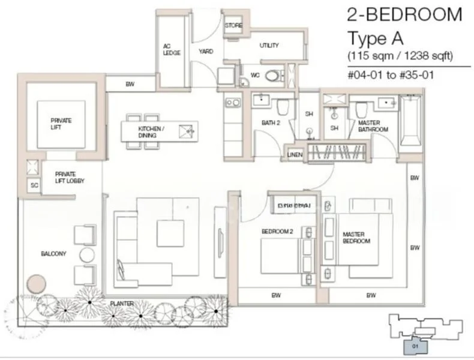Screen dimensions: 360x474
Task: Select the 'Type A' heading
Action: tap(376, 38)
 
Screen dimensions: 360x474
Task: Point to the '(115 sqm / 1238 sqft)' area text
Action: tap(400, 56)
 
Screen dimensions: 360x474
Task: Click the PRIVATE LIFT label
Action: tap(61, 124)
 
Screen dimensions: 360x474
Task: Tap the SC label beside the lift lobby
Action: tap(34, 185)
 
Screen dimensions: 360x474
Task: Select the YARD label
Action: tap(206, 52)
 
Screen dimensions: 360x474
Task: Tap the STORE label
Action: tap(233, 26)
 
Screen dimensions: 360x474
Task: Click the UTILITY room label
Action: tap(269, 46)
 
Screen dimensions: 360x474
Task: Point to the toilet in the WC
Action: tap(273, 76)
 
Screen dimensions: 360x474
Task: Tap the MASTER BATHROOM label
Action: tap(373, 127)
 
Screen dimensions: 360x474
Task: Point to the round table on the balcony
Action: tap(87, 254)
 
